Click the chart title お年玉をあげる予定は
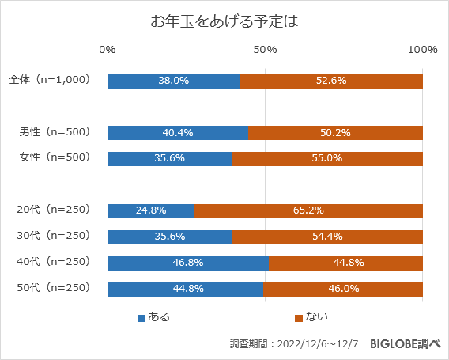[x=224, y=21]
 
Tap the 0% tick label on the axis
[x=108, y=50]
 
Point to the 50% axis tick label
[x=265, y=50]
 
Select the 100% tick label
[x=423, y=50]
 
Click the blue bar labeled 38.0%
[x=174, y=81]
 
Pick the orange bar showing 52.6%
[x=331, y=81]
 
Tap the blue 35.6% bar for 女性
[x=170, y=158]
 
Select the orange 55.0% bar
[x=327, y=158]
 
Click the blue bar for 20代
[x=151, y=210]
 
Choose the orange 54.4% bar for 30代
[x=327, y=237]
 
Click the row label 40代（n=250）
[x=54, y=262]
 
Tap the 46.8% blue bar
[x=188, y=263]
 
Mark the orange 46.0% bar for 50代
[x=343, y=288]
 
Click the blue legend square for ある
[x=141, y=318]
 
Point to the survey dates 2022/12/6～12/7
[x=317, y=344]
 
